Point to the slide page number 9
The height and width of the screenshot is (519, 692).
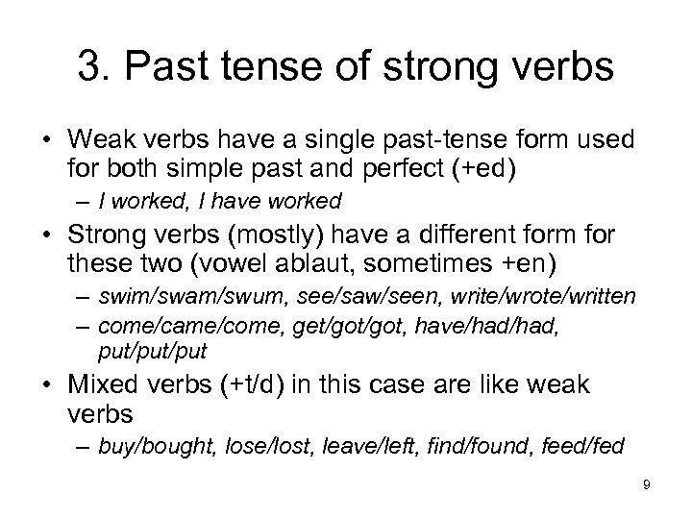coord(647,485)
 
